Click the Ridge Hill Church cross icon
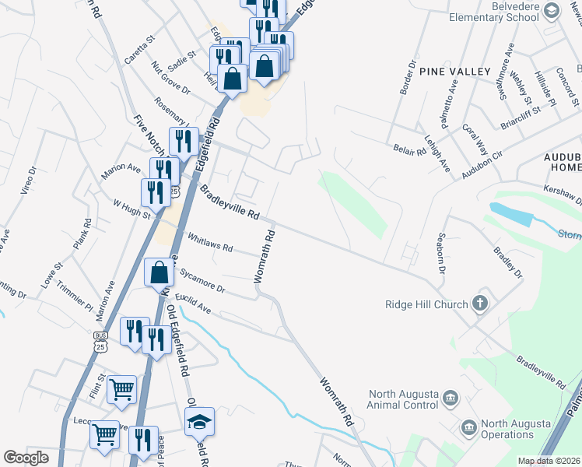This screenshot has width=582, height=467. [480, 304]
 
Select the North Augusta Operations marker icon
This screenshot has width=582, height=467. [468, 427]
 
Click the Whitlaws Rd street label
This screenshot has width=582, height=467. [209, 242]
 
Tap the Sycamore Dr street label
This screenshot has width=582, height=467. [202, 282]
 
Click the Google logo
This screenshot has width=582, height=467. [26, 458]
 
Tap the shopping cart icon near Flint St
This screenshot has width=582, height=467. [122, 388]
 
